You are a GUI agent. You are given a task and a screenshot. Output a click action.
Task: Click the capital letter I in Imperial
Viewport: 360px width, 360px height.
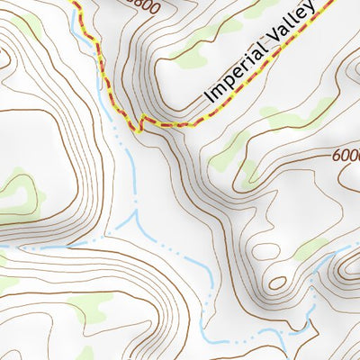click(x=209, y=96)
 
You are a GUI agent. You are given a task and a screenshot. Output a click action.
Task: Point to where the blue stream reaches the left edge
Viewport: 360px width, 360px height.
click(x=3, y=245)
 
